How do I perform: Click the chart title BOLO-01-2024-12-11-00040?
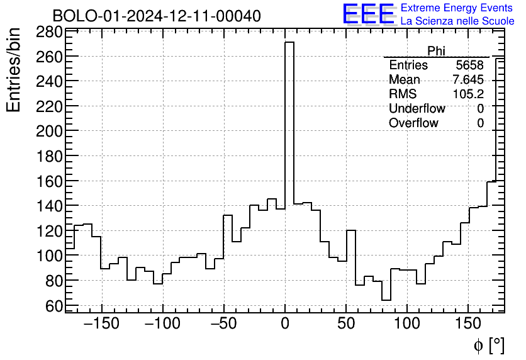(x=157, y=16)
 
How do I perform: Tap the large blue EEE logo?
(x=368, y=14)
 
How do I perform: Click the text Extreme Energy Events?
(x=457, y=8)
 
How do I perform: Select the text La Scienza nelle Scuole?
(x=457, y=21)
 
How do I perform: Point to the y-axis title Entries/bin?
(x=14, y=70)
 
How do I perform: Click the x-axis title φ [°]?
(x=488, y=345)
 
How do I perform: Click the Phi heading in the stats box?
(x=436, y=51)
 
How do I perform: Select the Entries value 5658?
(x=469, y=65)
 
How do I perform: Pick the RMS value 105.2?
(x=468, y=94)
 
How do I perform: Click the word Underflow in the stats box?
(x=417, y=109)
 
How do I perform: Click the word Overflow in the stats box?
(x=413, y=123)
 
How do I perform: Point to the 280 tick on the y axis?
(x=48, y=32)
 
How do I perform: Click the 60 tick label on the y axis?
(x=54, y=305)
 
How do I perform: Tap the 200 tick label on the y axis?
(x=48, y=131)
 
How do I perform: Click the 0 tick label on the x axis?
(x=285, y=324)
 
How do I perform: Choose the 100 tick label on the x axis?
(x=407, y=324)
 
